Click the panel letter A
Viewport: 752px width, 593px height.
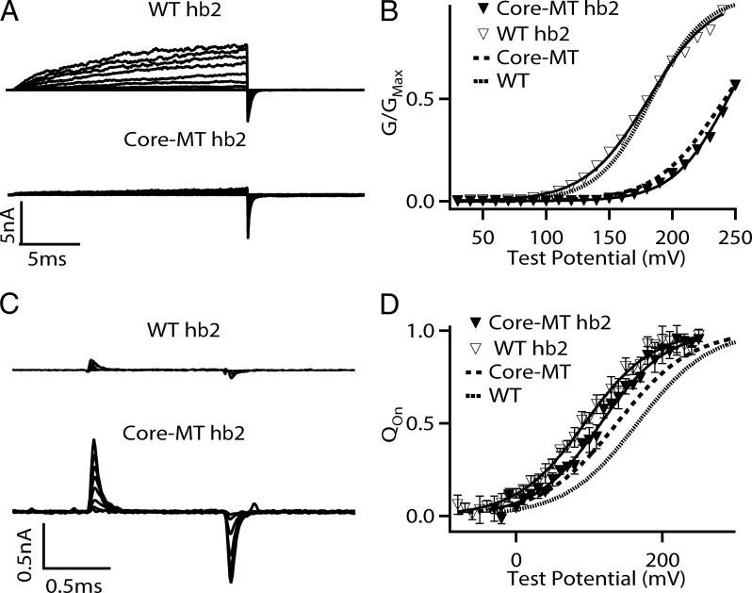(x=10, y=12)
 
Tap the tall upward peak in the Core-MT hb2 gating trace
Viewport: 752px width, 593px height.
(x=93, y=441)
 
